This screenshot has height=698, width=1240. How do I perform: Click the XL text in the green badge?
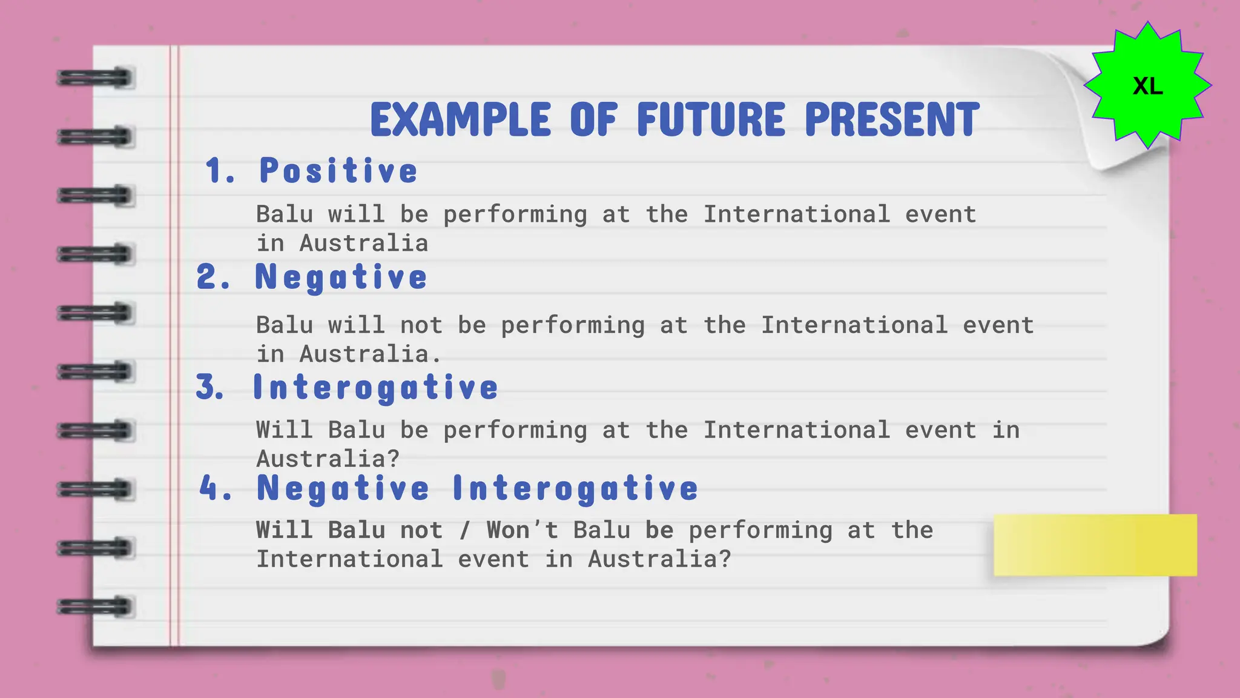[x=1147, y=86]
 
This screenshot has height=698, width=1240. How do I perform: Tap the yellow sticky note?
[x=1095, y=545]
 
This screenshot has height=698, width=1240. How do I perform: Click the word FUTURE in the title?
[x=711, y=119]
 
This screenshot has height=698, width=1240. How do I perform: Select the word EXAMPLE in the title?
[x=461, y=119]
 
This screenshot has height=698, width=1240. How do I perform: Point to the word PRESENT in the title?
[x=892, y=119]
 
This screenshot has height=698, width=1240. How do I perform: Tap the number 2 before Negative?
[x=207, y=278]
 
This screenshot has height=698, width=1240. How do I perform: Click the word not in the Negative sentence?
[x=421, y=326]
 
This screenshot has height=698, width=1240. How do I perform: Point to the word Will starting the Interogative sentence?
[x=285, y=430]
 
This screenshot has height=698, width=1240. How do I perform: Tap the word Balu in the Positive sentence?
[x=285, y=214]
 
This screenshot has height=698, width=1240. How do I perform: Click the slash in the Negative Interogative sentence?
[x=465, y=531]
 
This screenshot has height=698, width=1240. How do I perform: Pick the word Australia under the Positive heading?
[x=364, y=244]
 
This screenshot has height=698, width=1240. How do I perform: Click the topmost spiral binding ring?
[x=95, y=78]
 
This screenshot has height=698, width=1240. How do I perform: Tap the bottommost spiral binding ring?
[x=95, y=607]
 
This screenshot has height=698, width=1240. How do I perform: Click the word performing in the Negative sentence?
[x=573, y=326]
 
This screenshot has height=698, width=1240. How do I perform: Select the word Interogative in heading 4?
[x=575, y=488]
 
